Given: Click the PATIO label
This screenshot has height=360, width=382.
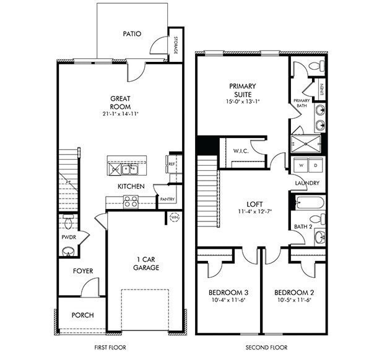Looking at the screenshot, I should [131, 34].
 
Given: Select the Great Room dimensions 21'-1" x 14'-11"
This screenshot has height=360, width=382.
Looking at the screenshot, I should [121, 114].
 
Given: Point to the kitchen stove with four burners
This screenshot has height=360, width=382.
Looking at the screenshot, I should [131, 201].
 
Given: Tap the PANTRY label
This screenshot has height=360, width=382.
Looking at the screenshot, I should [167, 199].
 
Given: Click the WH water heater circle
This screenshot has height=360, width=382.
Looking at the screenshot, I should [174, 217].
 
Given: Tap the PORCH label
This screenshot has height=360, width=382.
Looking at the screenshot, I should [82, 315].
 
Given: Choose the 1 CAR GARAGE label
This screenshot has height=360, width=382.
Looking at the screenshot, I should [146, 263].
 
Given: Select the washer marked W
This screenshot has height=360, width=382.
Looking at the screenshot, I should [302, 166].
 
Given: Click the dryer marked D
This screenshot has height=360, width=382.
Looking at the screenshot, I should [315, 166].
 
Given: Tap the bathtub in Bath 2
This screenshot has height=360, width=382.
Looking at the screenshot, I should [307, 202].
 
